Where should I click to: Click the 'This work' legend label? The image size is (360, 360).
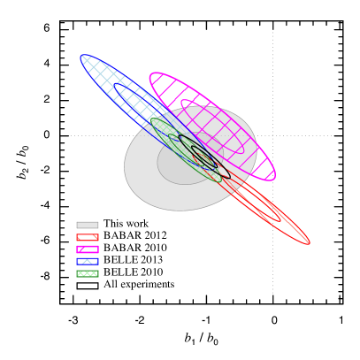coord(126,225)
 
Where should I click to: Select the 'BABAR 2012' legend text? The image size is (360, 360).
coord(134,236)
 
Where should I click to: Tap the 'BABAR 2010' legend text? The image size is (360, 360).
coord(134,249)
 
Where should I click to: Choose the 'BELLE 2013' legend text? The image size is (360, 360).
coord(134,261)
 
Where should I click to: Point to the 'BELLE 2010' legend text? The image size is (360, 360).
coord(134,272)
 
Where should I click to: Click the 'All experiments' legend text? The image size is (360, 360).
coord(139,285)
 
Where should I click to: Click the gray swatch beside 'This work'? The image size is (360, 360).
coord(87,225)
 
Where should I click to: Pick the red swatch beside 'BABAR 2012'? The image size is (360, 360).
coord(87,236)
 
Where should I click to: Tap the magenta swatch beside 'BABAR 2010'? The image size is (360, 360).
coord(87,249)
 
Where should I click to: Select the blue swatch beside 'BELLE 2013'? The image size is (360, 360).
coord(87,261)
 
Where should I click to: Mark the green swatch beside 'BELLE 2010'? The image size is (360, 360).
coord(87,273)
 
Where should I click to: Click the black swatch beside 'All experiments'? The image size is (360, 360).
coord(87,285)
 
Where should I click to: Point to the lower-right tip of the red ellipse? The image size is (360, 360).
coord(308,242)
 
